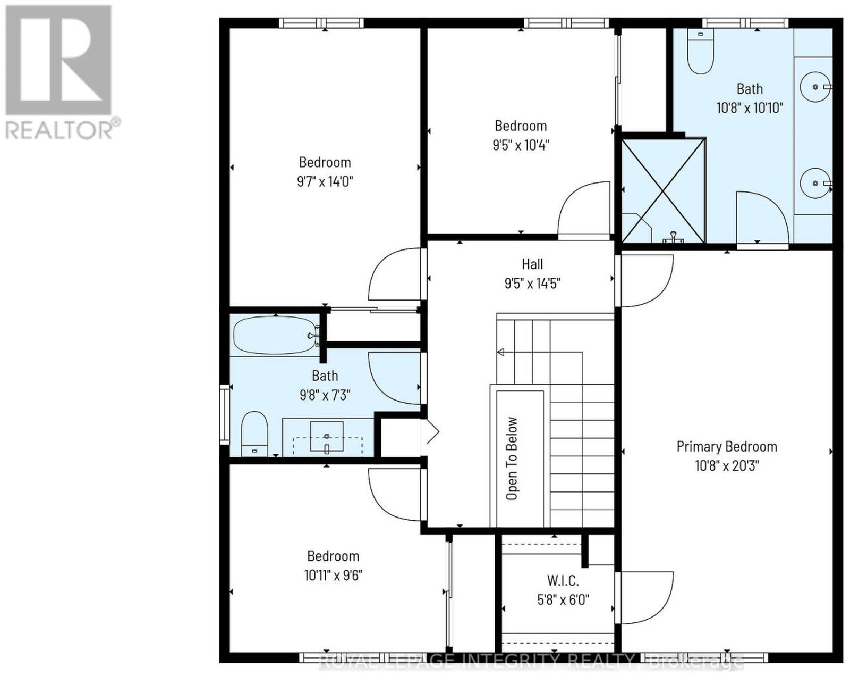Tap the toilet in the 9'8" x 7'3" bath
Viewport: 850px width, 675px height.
(x=254, y=434)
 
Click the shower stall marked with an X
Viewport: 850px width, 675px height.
(x=663, y=190)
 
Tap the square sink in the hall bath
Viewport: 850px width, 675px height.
(x=327, y=436)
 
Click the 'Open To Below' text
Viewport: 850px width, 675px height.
(x=512, y=459)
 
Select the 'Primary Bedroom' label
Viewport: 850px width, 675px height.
(x=727, y=447)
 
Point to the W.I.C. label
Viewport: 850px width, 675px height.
(x=563, y=581)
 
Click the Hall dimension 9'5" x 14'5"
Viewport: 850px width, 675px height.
(x=532, y=284)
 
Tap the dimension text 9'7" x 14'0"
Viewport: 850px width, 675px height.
(x=325, y=181)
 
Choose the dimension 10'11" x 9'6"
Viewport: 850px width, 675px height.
(x=333, y=576)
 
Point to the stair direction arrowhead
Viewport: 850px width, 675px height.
(x=501, y=352)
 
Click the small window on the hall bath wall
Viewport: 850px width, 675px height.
(x=224, y=414)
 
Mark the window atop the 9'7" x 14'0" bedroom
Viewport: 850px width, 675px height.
(x=321, y=23)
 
